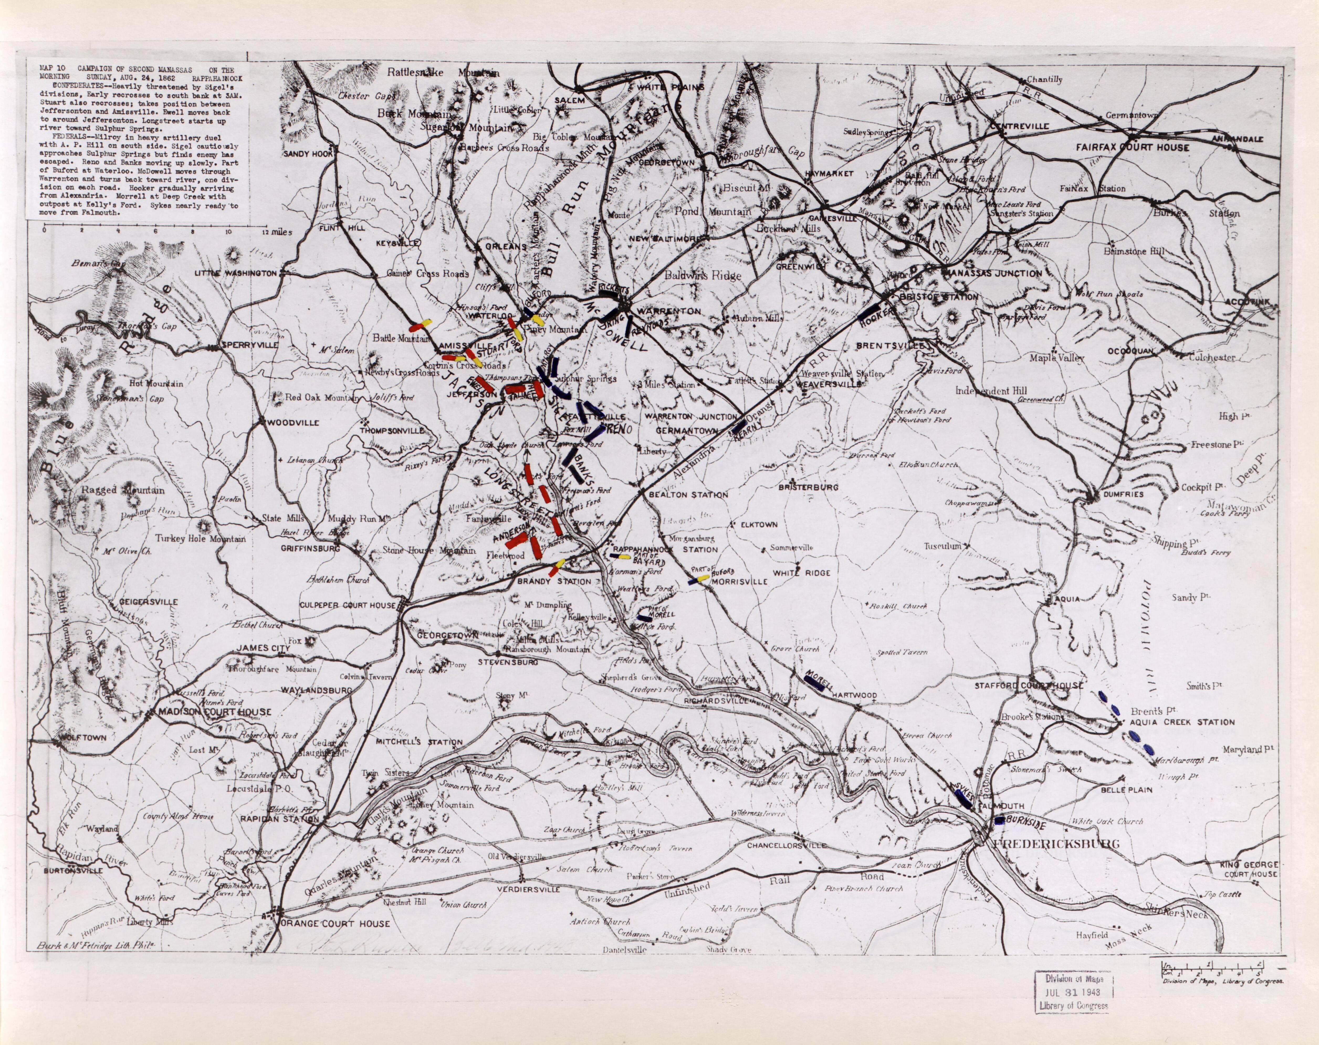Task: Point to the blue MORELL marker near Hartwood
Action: pos(814,683)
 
